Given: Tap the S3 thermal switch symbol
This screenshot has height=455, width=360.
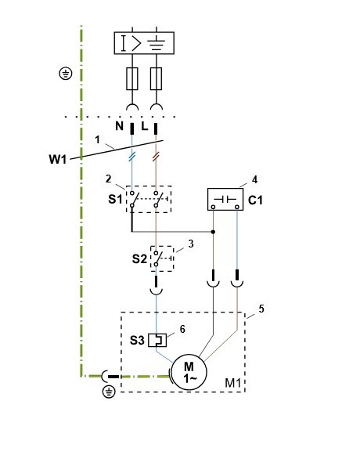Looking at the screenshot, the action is click(x=157, y=340).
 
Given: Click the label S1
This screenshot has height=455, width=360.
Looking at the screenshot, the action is click(x=116, y=199).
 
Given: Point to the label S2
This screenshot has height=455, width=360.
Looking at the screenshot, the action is click(x=139, y=259).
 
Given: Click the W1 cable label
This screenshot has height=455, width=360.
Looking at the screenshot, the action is click(x=58, y=159).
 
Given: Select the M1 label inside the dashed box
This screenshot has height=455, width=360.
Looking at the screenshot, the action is click(x=233, y=383).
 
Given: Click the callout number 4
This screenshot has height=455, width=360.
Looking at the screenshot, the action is click(x=254, y=179).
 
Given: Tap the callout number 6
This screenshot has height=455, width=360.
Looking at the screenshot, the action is click(x=182, y=329).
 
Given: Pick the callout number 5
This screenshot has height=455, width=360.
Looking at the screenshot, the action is click(x=261, y=309).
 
